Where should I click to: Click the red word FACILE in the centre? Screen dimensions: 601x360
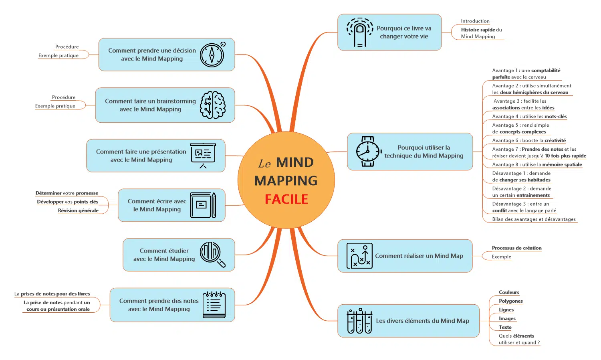tap(286, 199)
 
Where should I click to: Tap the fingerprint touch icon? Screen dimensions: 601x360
tap(360, 32)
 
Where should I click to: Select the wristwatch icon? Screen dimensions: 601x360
tap(368, 152)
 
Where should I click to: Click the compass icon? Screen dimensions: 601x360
tap(212, 55)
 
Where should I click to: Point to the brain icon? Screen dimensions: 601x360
tap(212, 105)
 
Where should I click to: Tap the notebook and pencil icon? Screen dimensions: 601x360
tap(203, 205)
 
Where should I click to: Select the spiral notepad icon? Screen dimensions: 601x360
tap(214, 305)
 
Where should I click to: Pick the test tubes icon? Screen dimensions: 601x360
tap(359, 321)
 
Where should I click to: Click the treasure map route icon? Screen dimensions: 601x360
tap(359, 256)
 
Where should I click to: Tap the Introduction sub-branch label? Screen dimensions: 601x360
tap(475, 21)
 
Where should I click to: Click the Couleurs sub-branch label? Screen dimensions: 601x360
tap(509, 292)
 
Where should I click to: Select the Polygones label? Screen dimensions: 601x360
tap(511, 301)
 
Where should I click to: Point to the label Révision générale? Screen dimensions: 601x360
tap(78, 210)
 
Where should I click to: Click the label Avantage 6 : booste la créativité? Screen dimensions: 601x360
tap(529, 140)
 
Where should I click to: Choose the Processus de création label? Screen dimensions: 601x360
tap(517, 248)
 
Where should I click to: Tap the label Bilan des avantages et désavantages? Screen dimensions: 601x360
tap(534, 219)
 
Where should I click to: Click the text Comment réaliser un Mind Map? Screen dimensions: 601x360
tap(419, 256)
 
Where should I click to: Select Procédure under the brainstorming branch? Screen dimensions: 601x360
tap(64, 97)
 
